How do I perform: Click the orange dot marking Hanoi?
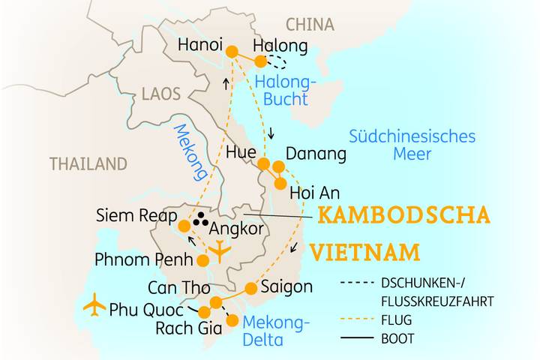click(x=232, y=52)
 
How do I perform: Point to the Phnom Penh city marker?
click(x=202, y=261)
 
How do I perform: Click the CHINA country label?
click(x=310, y=25)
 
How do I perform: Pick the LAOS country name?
click(x=161, y=94)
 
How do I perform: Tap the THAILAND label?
click(x=88, y=163)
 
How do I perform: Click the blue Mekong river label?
click(x=190, y=151)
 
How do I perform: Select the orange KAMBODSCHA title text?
click(x=403, y=216)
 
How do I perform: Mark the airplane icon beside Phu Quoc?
click(x=94, y=305)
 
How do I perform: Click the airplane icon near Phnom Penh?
click(x=220, y=250)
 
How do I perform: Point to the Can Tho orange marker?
click(x=216, y=302)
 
